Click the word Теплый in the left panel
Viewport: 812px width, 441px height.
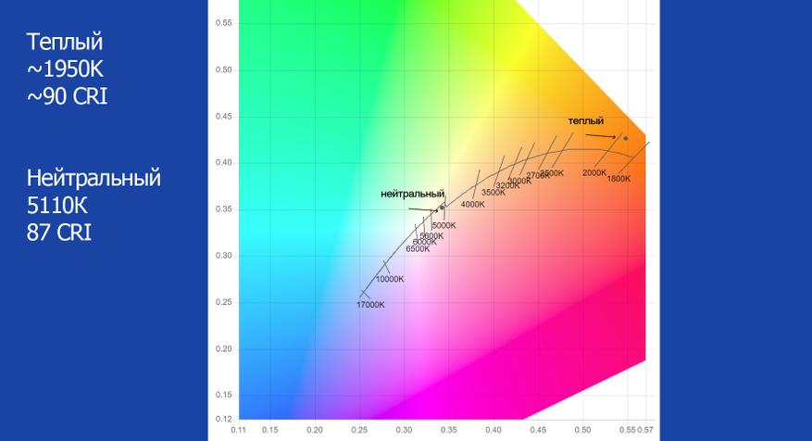click(64, 43)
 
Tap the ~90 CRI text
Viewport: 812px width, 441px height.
click(68, 95)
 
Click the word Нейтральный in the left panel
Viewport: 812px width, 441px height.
click(94, 177)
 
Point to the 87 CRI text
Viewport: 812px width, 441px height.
click(59, 231)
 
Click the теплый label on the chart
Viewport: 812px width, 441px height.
click(586, 120)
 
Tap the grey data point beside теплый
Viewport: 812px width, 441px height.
click(625, 138)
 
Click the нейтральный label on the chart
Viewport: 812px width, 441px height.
click(419, 194)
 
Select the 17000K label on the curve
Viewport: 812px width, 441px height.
click(371, 305)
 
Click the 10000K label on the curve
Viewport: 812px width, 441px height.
click(389, 279)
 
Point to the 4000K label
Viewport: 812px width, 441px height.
click(472, 204)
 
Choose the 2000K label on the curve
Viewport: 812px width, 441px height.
click(593, 172)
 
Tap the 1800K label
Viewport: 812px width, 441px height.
click(618, 179)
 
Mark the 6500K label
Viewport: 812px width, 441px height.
click(418, 248)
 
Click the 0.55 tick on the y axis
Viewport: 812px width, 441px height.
click(224, 23)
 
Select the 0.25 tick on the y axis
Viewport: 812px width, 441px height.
click(224, 303)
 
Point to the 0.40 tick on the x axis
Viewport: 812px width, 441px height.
click(493, 430)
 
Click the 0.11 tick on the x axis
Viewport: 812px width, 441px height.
click(240, 430)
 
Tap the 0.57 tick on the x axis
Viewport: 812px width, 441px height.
click(644, 430)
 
